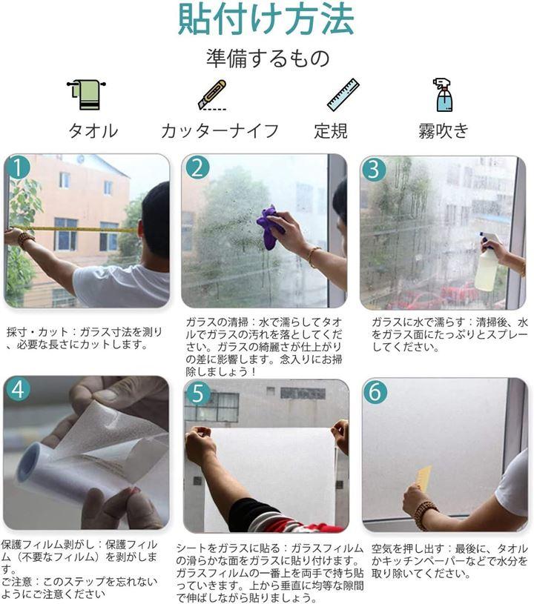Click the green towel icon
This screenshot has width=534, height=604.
[86, 95]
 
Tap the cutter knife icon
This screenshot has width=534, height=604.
[212, 95]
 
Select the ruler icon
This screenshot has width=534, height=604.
[343, 95]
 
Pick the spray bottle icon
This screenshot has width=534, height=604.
[443, 95]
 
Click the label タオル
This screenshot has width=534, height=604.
[93, 131]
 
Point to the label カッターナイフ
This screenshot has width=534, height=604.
[220, 131]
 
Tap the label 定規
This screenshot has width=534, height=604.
[331, 131]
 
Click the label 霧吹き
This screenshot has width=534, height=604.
[444, 131]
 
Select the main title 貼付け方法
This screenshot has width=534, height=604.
[266, 19]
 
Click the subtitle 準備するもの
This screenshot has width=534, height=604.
[268, 59]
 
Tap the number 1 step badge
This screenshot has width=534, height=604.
[18, 167]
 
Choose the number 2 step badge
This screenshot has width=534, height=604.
[197, 168]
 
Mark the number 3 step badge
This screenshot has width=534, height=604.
[374, 170]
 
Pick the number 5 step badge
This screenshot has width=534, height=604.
[198, 394]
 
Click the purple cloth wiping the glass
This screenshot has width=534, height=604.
[271, 228]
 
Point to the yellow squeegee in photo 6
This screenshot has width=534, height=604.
[423, 478]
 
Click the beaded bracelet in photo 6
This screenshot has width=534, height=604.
[426, 515]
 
